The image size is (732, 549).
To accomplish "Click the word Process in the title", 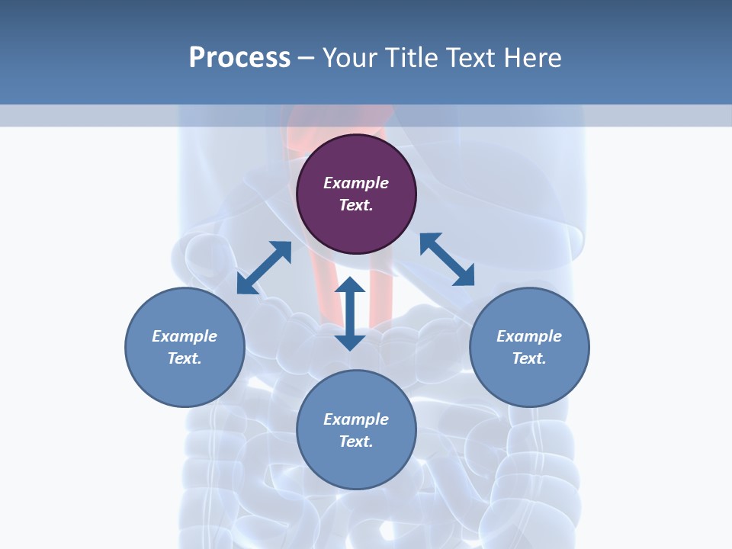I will click(x=239, y=58).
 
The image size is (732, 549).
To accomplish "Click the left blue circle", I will click(x=185, y=347).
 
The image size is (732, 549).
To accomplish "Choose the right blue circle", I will click(x=529, y=347).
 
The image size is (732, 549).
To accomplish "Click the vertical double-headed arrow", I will click(x=350, y=313).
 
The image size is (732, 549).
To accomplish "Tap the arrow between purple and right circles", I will click(x=447, y=259).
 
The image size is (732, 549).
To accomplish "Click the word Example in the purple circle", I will click(x=356, y=183).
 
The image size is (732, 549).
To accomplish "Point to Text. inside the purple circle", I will click(x=356, y=205).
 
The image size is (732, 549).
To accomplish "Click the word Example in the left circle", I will click(x=185, y=336).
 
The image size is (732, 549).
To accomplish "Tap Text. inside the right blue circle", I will click(x=529, y=358).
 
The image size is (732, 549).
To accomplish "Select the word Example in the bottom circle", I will click(x=356, y=419).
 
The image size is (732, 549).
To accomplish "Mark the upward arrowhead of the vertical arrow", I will click(x=350, y=286).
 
